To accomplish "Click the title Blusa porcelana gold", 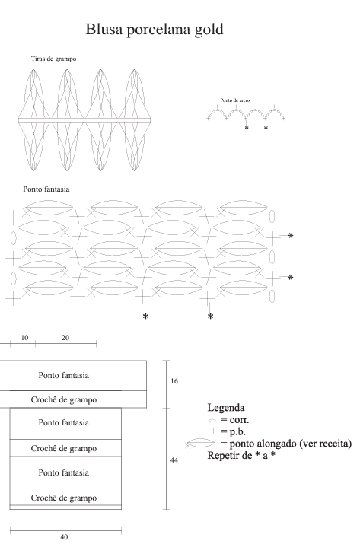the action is point(155,30).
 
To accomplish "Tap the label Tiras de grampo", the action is point(53,59).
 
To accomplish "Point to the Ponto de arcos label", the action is point(235,100).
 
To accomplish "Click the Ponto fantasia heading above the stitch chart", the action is point(46,189).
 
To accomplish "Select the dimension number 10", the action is point(24,338).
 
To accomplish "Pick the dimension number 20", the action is point(65,338).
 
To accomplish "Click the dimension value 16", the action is point(174,381).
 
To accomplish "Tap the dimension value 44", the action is point(174,460).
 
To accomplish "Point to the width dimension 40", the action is point(64,537).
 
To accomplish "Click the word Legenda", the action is point(226,408).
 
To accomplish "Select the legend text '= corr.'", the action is point(234,420).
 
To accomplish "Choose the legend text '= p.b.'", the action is point(234,431).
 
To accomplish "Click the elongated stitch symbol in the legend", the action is point(200,443).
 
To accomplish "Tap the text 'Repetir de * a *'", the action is point(241,455).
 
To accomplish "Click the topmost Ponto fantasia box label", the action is point(63,375).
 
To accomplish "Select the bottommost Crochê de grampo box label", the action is point(63,498).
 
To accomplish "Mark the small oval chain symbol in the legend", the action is point(212,420).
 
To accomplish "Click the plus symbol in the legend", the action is point(213,431).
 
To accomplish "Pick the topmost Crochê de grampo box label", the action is point(63,399).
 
